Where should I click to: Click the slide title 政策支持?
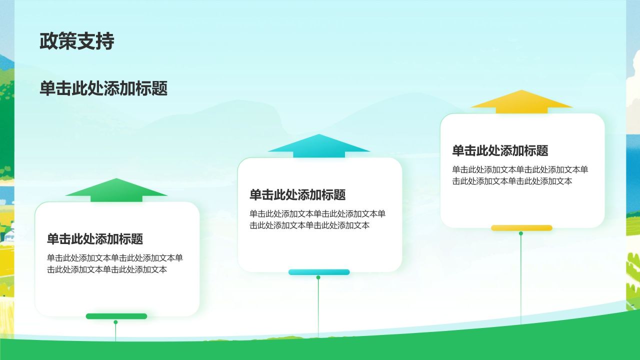[x=77, y=41]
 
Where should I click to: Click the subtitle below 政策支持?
[x=103, y=88]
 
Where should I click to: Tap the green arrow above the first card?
[x=116, y=189]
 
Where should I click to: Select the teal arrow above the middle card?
[x=319, y=145]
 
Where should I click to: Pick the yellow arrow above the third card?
[x=521, y=101]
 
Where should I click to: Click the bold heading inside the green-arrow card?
[x=95, y=239]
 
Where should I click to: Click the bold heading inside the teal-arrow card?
[x=297, y=195]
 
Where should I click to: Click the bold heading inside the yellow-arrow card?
[x=500, y=150]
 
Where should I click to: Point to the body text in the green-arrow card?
[x=115, y=264]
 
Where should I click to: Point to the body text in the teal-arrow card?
[x=317, y=219]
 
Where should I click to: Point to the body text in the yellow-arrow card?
[x=520, y=175]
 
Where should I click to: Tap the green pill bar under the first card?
[x=116, y=316]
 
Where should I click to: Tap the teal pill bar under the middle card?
[x=319, y=272]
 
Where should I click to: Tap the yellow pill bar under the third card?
[x=521, y=228]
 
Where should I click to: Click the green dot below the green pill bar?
[x=115, y=322]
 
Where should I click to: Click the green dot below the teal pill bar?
[x=318, y=277]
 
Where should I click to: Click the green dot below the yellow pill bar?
[x=520, y=233]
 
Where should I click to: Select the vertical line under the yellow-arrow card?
[x=520, y=280]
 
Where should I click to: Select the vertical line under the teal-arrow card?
[x=318, y=307]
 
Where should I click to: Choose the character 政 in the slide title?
[x=48, y=41]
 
